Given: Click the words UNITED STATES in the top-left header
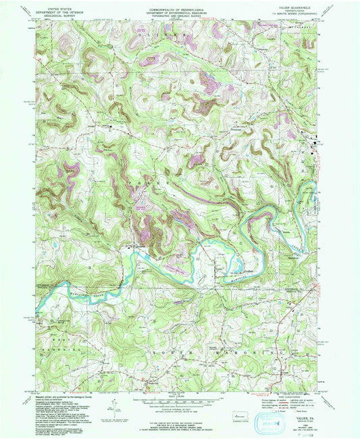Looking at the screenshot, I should tap(59, 5).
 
